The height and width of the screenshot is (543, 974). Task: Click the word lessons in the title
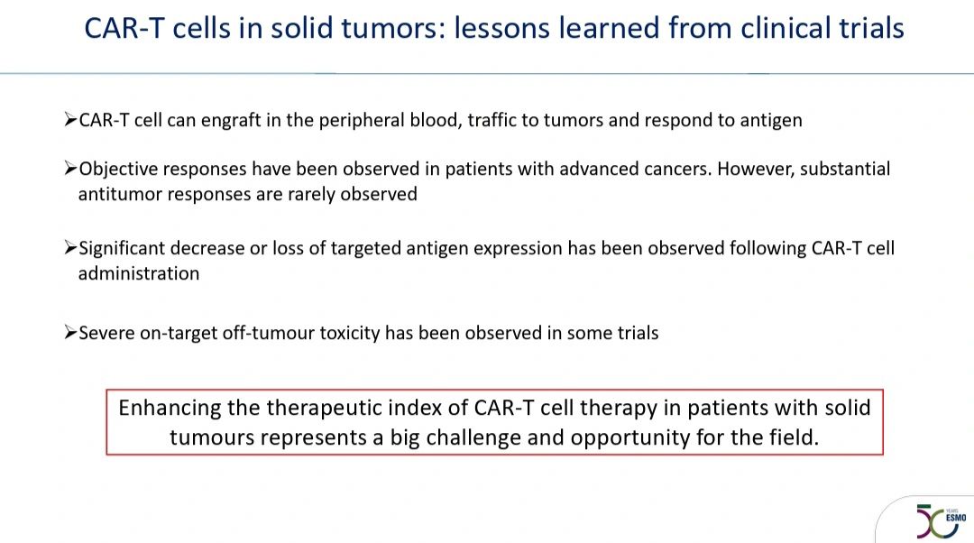tap(501, 29)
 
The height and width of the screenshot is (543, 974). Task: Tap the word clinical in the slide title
tap(783, 29)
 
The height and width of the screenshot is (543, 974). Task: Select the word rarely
tap(310, 195)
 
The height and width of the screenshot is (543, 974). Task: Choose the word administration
tap(139, 274)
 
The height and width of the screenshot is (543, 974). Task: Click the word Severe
tap(106, 333)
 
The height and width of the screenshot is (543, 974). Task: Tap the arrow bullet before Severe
tap(70, 333)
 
